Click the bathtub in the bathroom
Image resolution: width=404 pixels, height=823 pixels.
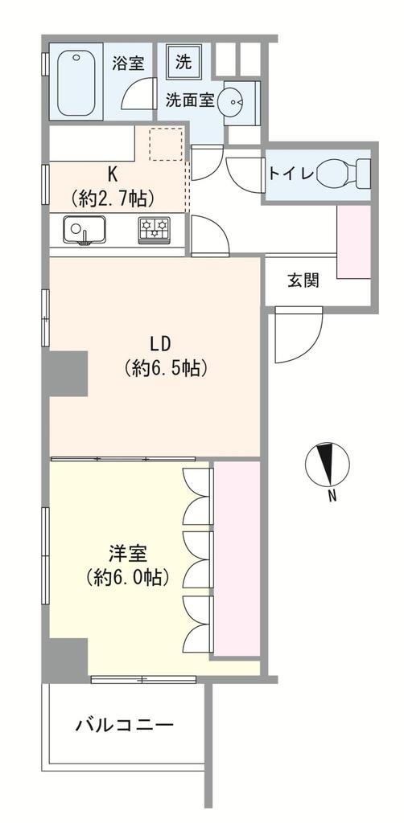76,83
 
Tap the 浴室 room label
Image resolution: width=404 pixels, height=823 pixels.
128,63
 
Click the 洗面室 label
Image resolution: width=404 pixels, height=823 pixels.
190,100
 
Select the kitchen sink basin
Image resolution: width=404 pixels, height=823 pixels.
84,230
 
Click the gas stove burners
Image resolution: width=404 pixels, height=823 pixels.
155,229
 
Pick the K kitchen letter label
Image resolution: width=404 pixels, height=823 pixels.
113,174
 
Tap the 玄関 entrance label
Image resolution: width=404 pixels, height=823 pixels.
303,280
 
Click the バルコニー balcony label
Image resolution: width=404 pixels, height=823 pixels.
125,726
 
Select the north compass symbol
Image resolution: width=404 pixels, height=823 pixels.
328,465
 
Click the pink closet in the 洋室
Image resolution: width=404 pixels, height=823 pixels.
237,559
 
